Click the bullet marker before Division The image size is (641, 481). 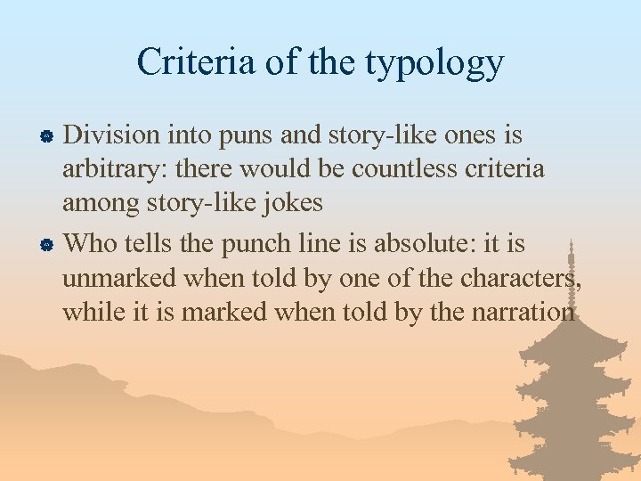coord(51,136)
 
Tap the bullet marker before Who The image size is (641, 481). coord(51,243)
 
